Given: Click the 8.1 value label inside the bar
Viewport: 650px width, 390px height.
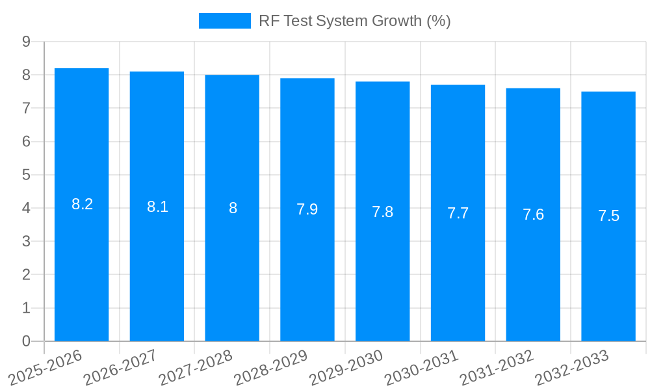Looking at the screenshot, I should coord(157,207).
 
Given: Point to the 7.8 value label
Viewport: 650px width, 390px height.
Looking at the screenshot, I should coord(382,212).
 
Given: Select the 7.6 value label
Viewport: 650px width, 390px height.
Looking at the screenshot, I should coord(533,214).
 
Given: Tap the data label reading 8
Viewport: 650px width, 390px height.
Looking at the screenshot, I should coord(233,208).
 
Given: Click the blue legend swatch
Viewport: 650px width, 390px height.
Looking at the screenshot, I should coord(224,21).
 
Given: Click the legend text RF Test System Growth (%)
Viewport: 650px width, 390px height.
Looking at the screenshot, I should coord(354,21).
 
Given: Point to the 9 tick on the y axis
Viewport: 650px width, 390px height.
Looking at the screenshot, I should coord(26,42).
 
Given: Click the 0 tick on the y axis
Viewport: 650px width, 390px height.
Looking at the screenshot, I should coord(26,341).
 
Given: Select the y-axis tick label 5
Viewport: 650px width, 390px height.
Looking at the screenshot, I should coord(26,175).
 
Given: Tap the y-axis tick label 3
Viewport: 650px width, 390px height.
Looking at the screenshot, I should coord(26,241).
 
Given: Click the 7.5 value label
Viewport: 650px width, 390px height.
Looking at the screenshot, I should coord(608,216).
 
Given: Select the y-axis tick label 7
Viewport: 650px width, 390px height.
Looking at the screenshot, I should coord(26,108).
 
